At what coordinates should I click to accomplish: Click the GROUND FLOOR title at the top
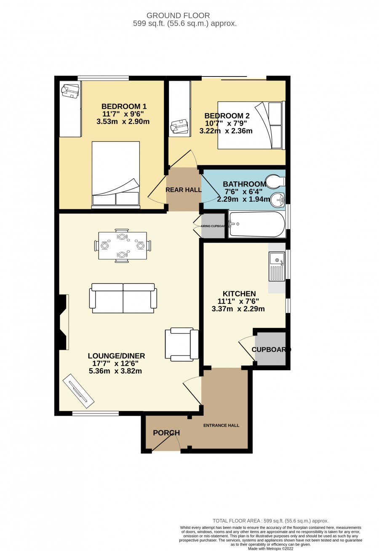(x=178, y=16)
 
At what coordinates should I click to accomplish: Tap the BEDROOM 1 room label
(x=124, y=106)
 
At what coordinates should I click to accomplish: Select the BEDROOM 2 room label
(x=227, y=115)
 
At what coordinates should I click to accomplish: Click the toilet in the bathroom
(x=275, y=182)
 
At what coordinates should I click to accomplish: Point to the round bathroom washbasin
(x=278, y=200)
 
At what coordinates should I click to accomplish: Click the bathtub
(x=257, y=224)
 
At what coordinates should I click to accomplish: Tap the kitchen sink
(x=277, y=266)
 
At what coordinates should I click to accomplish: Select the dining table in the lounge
(x=123, y=246)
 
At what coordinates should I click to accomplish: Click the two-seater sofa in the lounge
(x=123, y=298)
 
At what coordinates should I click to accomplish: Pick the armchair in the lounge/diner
(x=182, y=345)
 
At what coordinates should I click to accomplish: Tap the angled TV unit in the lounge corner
(x=78, y=391)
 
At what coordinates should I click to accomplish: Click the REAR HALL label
(x=183, y=190)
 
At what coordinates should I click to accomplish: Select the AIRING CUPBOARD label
(x=213, y=226)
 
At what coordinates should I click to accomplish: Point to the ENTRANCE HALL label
(x=221, y=425)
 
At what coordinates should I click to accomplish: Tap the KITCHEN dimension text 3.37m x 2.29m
(x=238, y=309)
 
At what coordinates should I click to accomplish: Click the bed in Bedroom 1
(x=115, y=175)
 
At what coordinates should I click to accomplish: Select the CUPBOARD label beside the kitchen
(x=271, y=349)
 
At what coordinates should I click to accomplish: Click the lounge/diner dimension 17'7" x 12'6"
(x=115, y=363)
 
